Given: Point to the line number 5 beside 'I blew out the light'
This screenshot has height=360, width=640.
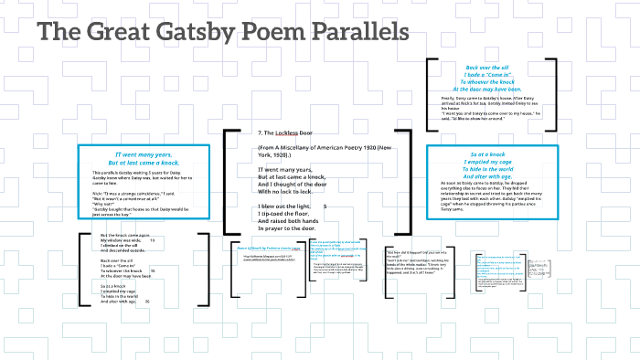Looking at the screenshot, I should point(325,206).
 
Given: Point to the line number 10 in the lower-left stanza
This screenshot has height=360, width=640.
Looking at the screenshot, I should point(152,240).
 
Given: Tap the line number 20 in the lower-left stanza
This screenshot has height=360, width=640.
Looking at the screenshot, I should point(147,302).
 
